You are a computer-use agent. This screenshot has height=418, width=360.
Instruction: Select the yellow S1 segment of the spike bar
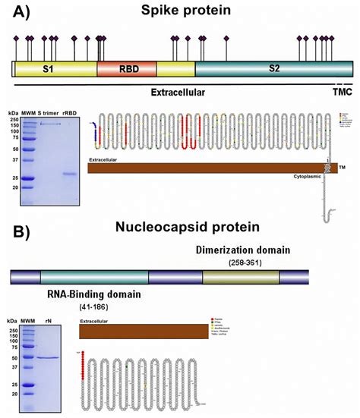tap(55, 70)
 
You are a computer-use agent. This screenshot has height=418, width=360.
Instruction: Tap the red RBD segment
tap(127, 70)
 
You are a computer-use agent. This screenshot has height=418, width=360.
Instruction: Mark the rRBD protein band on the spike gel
tap(70, 174)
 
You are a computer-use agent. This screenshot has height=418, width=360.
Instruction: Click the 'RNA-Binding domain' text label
tap(93, 293)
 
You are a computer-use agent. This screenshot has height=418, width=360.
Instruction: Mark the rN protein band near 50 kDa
tap(48, 357)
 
